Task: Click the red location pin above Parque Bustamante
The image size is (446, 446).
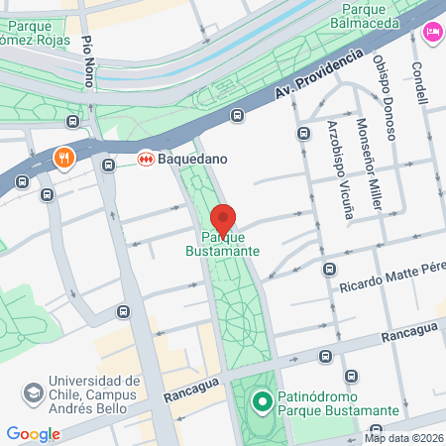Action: click(224, 218)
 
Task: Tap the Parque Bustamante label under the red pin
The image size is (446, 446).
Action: click(231, 244)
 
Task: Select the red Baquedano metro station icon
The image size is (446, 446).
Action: click(145, 158)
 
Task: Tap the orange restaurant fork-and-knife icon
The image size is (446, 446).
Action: click(64, 158)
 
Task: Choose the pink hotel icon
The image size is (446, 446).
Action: click(433, 32)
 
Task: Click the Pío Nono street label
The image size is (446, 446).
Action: click(88, 61)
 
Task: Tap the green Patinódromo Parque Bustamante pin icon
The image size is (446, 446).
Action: click(262, 401)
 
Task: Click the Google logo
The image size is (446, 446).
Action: click(33, 433)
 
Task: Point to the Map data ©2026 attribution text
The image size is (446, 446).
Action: click(402, 438)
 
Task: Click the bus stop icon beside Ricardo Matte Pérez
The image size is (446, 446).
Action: click(329, 269)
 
